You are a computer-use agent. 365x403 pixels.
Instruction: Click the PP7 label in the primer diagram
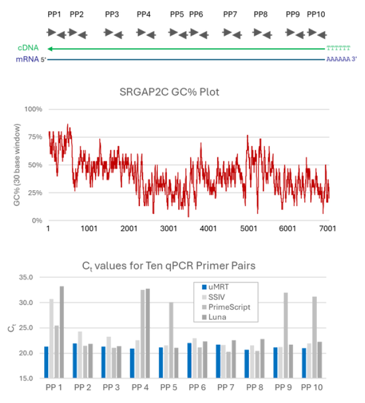230,14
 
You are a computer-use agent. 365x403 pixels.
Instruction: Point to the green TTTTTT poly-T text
338,48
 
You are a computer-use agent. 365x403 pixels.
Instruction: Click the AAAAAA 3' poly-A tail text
341,59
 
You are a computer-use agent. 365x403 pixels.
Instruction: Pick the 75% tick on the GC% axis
36,136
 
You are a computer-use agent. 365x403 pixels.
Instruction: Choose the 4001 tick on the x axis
208,229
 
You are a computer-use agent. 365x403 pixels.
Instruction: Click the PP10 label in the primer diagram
316,14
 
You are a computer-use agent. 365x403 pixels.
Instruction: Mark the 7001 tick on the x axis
328,229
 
